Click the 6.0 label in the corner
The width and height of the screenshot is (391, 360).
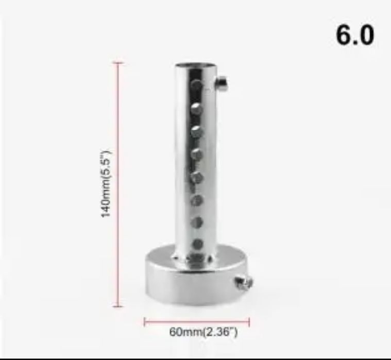[x=355, y=35]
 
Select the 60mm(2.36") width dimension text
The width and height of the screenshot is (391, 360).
[x=203, y=332]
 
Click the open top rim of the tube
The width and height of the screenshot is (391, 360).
[x=195, y=65]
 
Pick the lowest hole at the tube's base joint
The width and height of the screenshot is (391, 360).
[x=197, y=258]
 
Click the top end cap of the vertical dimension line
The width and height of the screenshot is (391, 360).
[x=118, y=63]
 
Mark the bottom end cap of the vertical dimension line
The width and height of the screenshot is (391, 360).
[x=118, y=306]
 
